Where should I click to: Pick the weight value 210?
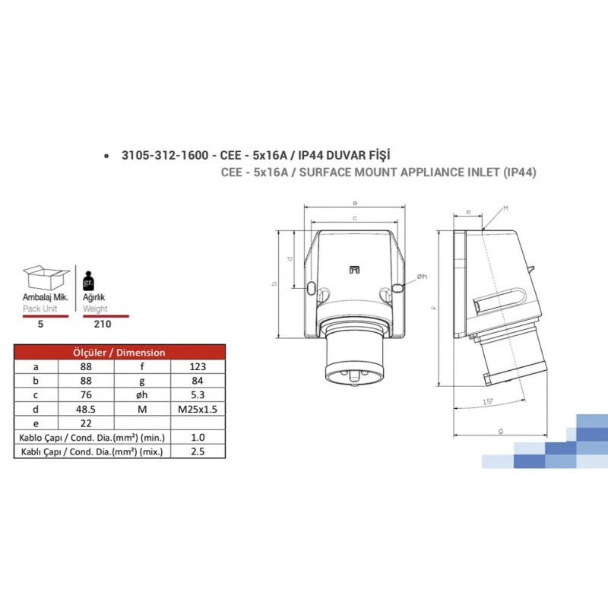[102, 323]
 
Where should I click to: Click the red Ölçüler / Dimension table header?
[118, 352]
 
